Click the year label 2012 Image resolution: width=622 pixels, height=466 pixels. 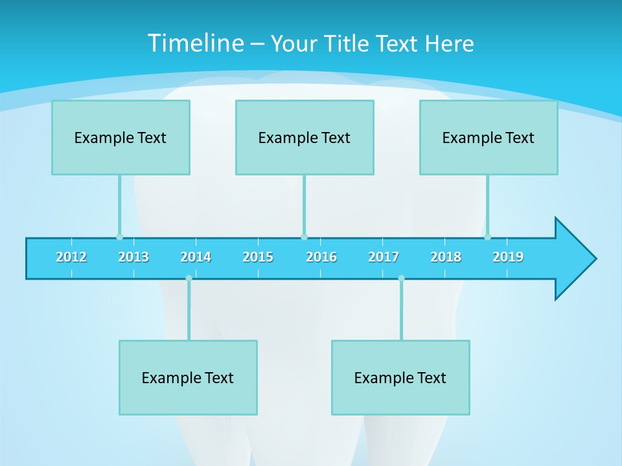coord(71,257)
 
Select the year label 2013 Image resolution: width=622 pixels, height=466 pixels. coord(133,257)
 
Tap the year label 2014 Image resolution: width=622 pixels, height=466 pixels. coord(196,257)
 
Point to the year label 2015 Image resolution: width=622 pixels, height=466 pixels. coord(258,257)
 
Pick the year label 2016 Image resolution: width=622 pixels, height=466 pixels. coord(321,257)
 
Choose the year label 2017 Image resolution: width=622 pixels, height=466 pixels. coord(384,257)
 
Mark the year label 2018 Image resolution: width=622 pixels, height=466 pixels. coord(446,257)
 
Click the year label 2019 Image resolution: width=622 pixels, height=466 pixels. coord(508,257)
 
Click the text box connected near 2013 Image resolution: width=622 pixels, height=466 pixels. coord(121,137)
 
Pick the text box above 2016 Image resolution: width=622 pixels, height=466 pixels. coord(305,137)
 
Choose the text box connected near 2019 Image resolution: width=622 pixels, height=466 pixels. coord(489,137)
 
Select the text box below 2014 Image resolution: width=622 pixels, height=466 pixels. coord(188,377)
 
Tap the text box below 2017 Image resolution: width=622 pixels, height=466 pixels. coord(400,377)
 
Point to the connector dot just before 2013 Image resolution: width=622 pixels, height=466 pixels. coord(119,237)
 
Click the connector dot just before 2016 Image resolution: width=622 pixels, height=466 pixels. coord(304,237)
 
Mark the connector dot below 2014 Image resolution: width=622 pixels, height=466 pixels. coord(189,278)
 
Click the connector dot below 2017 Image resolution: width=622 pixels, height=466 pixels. coord(401,278)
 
